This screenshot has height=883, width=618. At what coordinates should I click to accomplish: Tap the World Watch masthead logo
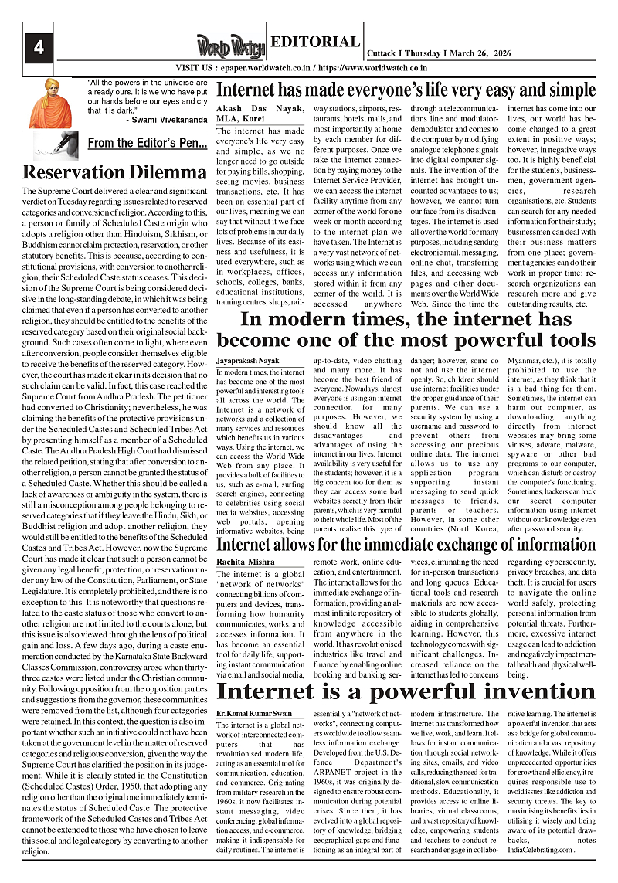(x=229, y=46)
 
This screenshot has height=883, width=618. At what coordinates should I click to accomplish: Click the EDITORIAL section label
(x=314, y=42)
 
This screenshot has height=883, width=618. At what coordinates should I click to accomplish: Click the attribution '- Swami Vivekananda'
(x=165, y=120)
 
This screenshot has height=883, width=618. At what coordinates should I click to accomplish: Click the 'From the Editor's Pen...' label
(x=147, y=143)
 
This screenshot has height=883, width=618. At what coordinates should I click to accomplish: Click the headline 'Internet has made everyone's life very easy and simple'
(x=406, y=87)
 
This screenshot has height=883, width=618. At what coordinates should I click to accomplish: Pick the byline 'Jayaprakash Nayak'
(x=246, y=361)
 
